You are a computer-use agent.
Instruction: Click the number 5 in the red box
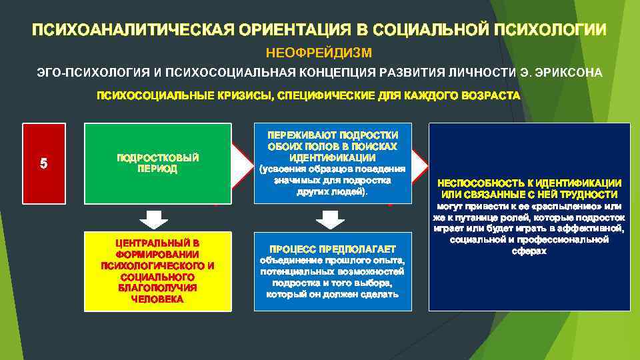click(x=43, y=163)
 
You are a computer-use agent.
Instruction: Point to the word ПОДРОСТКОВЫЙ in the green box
click(x=158, y=158)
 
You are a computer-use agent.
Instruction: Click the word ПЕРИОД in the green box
click(x=158, y=169)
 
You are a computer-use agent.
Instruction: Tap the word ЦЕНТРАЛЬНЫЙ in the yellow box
click(x=158, y=243)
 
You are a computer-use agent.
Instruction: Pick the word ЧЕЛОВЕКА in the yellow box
click(x=158, y=299)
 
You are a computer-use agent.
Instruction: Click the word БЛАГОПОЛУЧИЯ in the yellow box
click(x=158, y=288)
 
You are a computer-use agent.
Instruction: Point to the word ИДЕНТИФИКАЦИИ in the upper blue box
click(x=332, y=158)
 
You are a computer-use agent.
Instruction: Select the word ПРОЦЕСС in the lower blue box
click(x=293, y=248)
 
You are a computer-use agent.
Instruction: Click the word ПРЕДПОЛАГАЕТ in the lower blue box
click(x=355, y=248)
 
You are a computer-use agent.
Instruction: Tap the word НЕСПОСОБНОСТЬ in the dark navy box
click(x=481, y=183)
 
